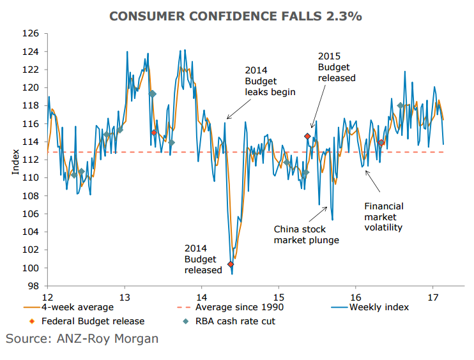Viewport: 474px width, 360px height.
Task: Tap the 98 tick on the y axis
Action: click(x=33, y=287)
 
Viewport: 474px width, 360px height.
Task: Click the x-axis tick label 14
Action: click(x=202, y=297)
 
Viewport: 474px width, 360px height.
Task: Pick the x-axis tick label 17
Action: click(x=432, y=297)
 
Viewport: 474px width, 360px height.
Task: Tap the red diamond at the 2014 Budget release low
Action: click(x=231, y=264)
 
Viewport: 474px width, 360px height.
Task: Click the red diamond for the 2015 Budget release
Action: click(x=307, y=136)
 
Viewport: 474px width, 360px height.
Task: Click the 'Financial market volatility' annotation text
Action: click(x=384, y=216)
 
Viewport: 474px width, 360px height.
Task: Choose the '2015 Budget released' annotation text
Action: click(x=336, y=67)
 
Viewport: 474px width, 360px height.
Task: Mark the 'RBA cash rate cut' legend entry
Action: click(x=233, y=321)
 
